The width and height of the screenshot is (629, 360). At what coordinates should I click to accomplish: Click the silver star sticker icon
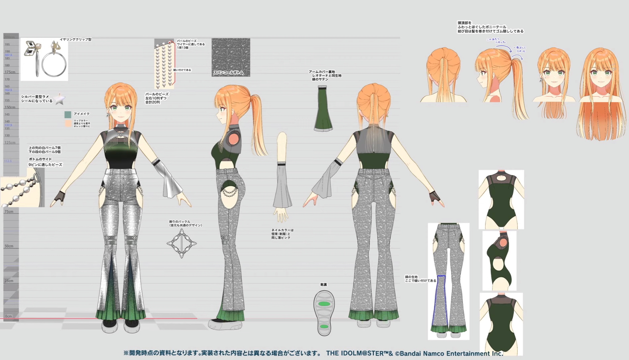(59, 99)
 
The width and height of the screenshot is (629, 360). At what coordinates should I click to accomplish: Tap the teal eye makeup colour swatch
(68, 114)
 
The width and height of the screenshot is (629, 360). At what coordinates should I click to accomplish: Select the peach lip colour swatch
(68, 123)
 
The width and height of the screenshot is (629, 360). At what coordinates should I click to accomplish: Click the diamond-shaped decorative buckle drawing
(181, 243)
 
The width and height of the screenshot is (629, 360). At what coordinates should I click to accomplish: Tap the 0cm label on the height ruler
(8, 316)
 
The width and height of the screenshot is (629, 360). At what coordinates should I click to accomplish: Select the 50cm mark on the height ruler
(9, 246)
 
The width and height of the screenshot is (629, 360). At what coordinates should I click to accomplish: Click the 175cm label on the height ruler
(10, 72)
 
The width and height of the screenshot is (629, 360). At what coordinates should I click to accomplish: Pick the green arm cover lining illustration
(323, 108)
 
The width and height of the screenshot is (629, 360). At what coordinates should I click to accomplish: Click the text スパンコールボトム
(228, 73)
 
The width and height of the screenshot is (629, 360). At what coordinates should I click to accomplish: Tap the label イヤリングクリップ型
(75, 39)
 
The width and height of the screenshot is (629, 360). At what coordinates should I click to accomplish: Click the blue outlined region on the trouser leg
(440, 300)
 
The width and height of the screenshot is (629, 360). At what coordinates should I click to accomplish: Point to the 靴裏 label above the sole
(324, 285)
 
